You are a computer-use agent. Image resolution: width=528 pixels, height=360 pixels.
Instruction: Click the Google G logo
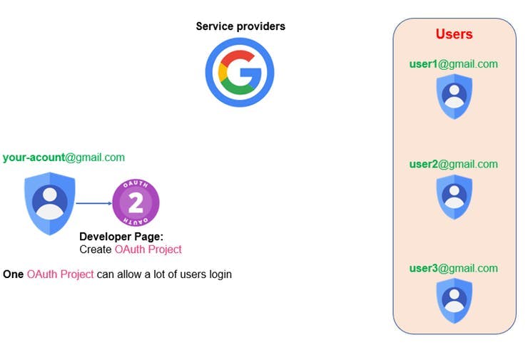(x=240, y=72)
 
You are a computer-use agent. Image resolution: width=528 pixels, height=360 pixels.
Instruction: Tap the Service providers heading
(x=240, y=26)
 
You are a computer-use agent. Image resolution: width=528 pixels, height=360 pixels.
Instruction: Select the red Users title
(x=454, y=34)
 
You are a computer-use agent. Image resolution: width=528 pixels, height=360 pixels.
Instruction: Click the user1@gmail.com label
(x=453, y=64)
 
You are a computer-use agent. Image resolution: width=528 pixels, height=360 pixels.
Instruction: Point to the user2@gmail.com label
(x=453, y=164)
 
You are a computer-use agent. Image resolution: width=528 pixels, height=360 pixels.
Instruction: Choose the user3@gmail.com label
(x=453, y=268)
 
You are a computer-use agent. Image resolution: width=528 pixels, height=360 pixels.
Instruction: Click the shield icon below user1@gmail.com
(x=454, y=96)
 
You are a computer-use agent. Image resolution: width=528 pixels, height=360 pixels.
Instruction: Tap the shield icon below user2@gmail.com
(x=454, y=196)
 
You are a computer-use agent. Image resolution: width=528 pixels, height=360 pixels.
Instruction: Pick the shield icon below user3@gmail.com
(x=454, y=300)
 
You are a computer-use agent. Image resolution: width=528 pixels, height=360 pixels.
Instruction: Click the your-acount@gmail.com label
(x=64, y=158)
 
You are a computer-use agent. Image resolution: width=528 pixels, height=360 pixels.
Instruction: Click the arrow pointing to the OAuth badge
(x=93, y=203)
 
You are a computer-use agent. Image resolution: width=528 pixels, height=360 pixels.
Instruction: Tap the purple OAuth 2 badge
(x=136, y=203)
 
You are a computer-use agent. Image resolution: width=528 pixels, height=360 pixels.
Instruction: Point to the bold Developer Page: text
(x=122, y=237)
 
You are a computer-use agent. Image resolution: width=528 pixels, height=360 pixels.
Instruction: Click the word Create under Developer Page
(x=96, y=250)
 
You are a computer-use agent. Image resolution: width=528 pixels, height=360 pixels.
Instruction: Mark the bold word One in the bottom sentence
(x=14, y=274)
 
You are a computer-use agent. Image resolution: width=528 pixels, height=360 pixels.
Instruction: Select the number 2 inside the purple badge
(x=136, y=203)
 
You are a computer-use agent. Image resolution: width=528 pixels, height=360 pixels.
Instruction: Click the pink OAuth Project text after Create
(x=148, y=250)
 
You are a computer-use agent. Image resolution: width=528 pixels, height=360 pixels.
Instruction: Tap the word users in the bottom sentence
(x=187, y=274)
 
